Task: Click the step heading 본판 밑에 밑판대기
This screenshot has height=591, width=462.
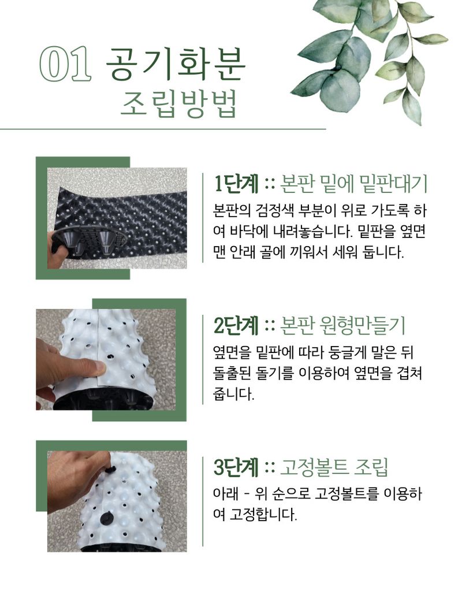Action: (353, 184)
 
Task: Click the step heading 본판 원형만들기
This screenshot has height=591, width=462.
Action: (342, 325)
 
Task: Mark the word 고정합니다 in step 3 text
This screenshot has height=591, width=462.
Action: (263, 515)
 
